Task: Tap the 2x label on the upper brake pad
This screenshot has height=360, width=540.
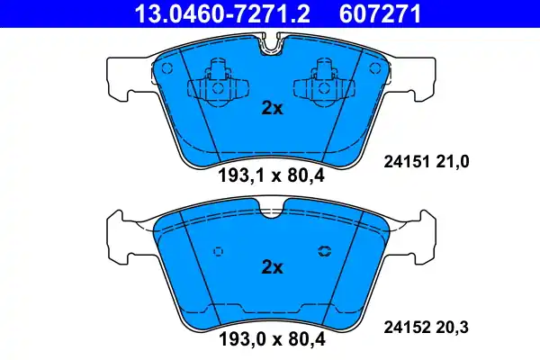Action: pos(272,108)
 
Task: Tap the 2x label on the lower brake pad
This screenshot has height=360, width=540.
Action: pos(272,267)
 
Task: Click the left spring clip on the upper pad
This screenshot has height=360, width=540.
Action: pos(214,81)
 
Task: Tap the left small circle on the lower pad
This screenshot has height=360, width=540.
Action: pos(216,253)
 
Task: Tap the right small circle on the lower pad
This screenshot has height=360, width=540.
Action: pos(325,253)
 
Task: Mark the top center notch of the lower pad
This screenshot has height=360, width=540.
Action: pos(270,212)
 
